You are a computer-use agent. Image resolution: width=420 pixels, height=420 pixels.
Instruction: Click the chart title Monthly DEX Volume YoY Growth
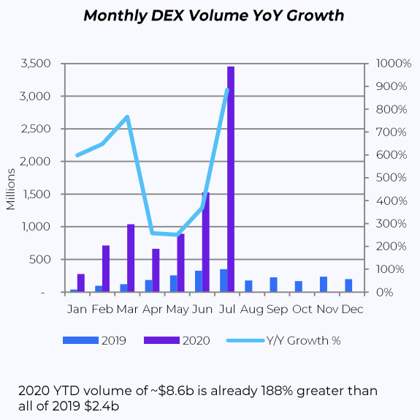click(213, 15)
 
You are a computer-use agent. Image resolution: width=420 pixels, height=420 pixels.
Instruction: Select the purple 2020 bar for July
click(231, 179)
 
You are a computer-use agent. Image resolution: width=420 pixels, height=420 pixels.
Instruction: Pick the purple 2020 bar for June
click(206, 242)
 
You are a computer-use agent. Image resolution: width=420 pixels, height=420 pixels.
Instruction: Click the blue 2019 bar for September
click(273, 285)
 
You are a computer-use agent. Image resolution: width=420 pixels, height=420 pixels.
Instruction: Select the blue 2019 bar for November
click(324, 284)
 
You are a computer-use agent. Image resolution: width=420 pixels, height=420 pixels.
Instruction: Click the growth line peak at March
click(127, 117)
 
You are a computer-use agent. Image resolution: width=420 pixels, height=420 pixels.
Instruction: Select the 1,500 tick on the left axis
click(37, 194)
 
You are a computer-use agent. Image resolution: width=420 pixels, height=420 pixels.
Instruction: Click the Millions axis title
click(10, 189)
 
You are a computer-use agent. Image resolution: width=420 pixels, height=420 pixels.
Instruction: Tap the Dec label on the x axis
click(352, 310)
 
